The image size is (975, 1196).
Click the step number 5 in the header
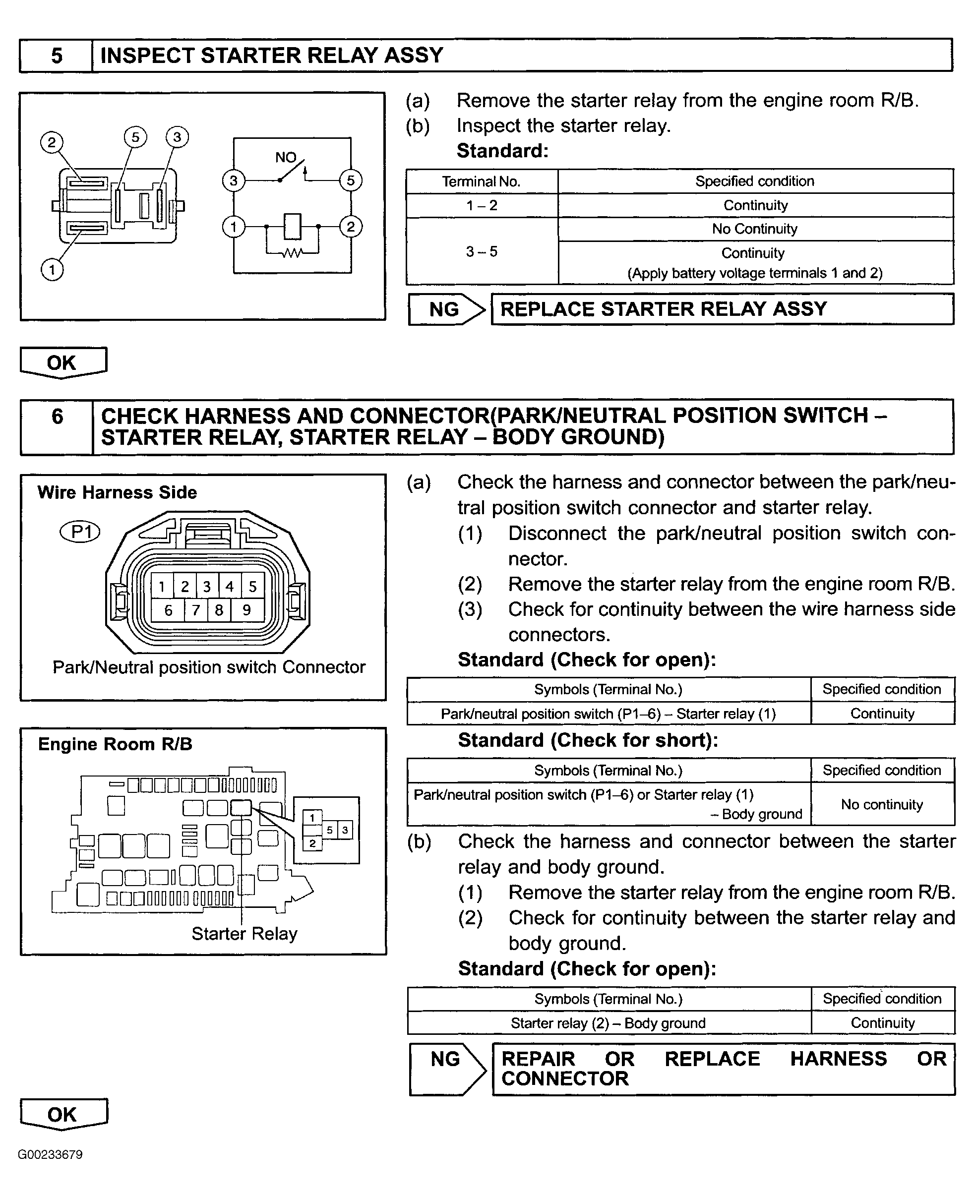(x=57, y=56)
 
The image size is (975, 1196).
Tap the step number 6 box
(x=57, y=417)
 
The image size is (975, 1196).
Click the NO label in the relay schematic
(x=285, y=158)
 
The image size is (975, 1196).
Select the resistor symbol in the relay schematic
(x=292, y=253)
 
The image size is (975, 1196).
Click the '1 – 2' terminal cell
(x=482, y=205)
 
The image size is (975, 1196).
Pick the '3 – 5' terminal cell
(x=482, y=251)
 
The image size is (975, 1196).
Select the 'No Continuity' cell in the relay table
(x=755, y=229)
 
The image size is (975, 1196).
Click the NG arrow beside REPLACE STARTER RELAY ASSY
(x=446, y=309)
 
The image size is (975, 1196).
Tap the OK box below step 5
(x=62, y=363)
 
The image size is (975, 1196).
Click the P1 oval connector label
(x=80, y=532)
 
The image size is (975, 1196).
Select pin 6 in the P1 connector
(x=168, y=610)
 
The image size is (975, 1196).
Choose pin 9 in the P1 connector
(x=246, y=610)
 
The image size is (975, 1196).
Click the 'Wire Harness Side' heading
(x=118, y=492)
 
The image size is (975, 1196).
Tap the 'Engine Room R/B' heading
(x=115, y=744)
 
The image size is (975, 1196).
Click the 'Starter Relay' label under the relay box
(x=244, y=934)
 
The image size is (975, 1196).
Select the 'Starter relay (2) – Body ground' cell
(x=608, y=1023)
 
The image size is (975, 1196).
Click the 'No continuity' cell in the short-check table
(x=882, y=805)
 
